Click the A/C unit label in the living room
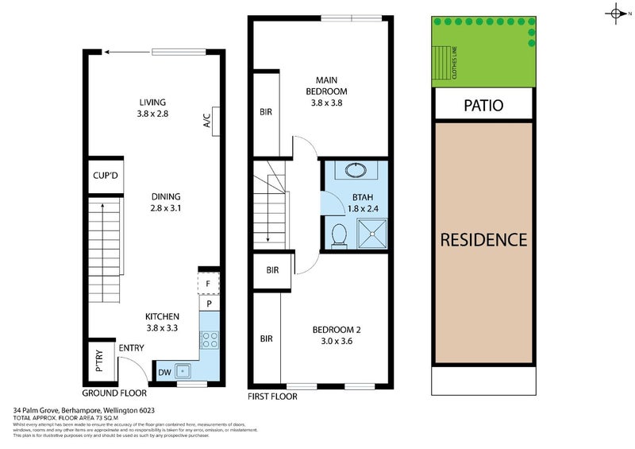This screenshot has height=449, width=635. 207,121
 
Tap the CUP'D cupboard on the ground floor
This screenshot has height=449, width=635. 105,176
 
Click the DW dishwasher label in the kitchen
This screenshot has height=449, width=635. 165,372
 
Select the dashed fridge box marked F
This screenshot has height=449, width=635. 208,283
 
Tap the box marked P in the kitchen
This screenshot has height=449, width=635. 208,304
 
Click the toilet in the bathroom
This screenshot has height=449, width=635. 339,234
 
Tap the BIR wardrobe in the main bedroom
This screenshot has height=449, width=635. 266,112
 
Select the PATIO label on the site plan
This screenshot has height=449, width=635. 483,105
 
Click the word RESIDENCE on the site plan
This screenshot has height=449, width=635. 483,239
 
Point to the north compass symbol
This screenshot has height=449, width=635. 618,13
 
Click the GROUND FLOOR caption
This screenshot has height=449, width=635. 114,393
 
